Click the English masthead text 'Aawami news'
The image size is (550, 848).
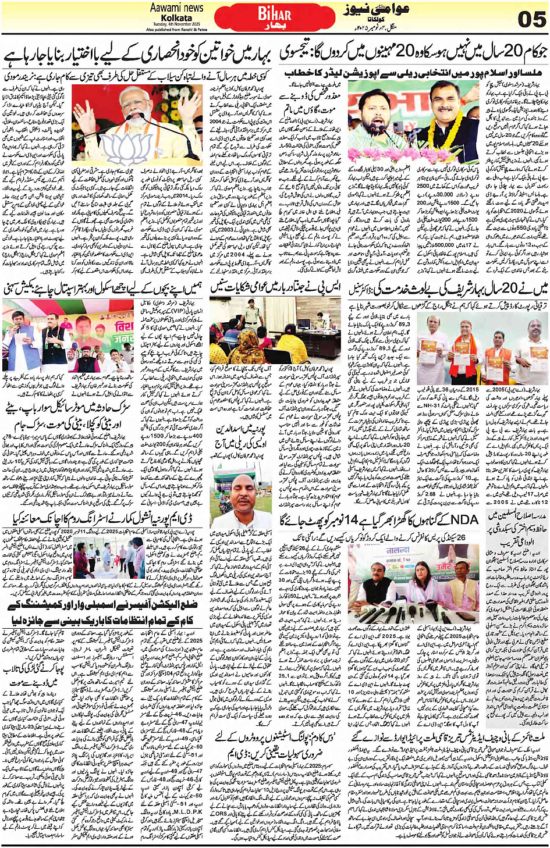(x=176, y=8)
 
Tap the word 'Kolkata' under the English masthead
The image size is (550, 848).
(x=176, y=18)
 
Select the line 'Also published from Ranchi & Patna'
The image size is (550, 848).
(x=176, y=29)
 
